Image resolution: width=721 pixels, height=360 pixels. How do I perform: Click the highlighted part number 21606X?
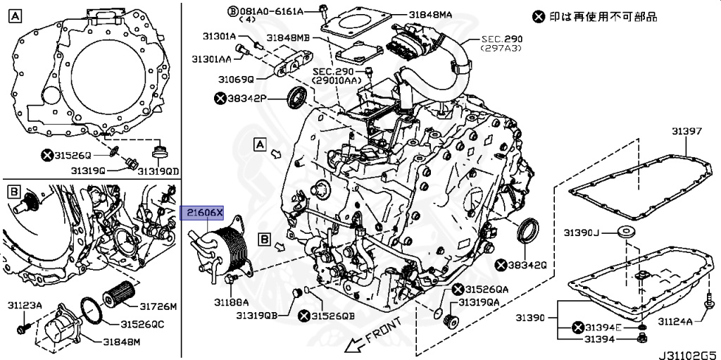203,213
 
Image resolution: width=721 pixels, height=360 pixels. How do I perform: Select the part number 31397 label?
686,132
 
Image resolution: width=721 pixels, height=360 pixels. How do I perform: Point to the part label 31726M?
158,306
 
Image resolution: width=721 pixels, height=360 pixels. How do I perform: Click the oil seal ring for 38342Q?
527,230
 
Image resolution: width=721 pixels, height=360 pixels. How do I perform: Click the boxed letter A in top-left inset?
15,16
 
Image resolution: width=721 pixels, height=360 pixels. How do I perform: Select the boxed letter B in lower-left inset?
13,191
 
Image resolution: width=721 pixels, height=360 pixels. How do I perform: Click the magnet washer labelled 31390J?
624,232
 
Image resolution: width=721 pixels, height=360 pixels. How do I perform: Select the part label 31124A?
675,322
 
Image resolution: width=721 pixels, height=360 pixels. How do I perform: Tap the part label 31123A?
25,306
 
